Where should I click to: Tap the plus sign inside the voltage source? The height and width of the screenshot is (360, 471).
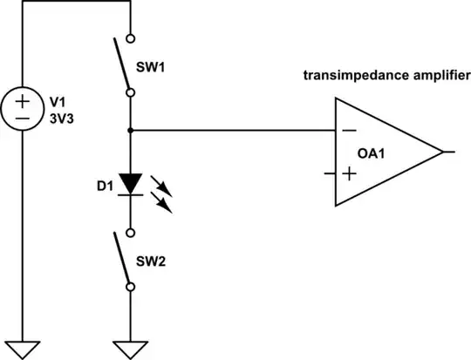point(23,100)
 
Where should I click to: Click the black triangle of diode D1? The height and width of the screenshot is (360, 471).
point(130,183)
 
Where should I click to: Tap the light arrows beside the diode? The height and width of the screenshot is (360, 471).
point(163,192)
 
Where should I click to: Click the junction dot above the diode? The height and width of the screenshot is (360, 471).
point(130,131)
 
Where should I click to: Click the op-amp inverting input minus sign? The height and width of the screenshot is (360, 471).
point(349,132)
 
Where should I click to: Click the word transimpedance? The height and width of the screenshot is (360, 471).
point(342,76)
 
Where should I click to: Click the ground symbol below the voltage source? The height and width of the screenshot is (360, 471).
point(23,346)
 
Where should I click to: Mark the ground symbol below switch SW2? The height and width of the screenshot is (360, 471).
point(130,346)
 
